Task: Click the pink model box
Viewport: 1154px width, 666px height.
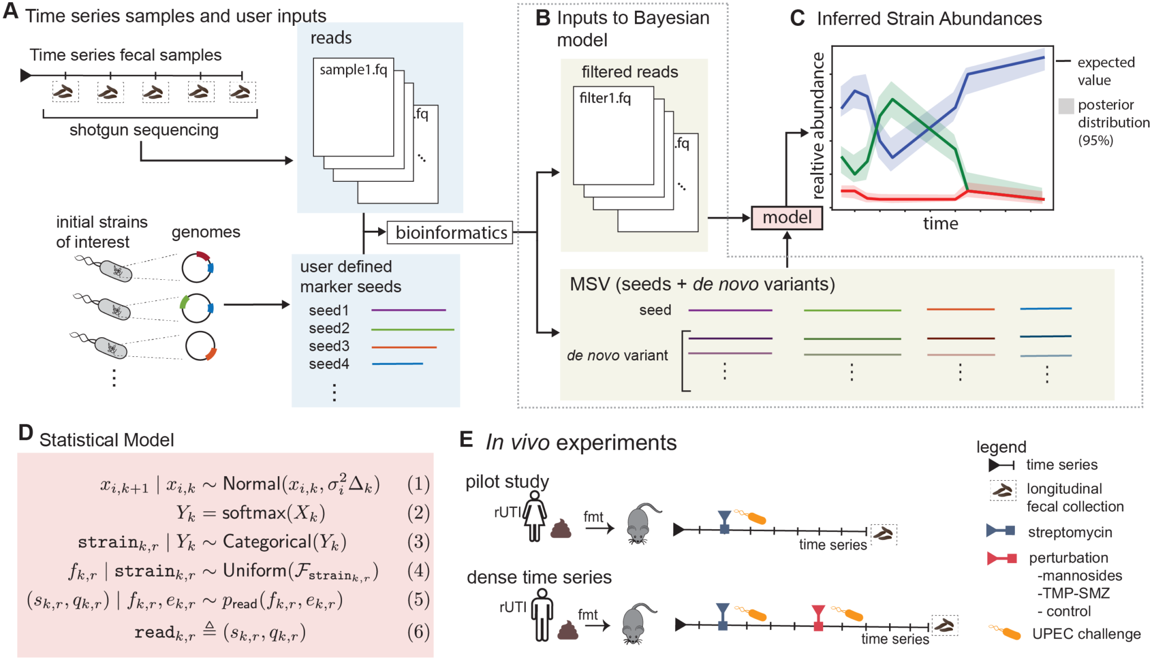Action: point(787,217)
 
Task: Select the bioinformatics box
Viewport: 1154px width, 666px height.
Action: point(450,233)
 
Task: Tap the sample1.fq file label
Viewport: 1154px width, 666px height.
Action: point(353,70)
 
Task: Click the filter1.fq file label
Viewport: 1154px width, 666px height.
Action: point(605,99)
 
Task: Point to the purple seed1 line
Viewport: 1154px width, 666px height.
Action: point(409,310)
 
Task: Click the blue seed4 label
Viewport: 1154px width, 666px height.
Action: point(329,364)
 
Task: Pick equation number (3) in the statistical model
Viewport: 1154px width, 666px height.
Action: point(418,542)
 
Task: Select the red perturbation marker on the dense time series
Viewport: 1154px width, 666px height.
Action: point(818,618)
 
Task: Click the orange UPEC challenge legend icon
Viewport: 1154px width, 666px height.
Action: point(1005,632)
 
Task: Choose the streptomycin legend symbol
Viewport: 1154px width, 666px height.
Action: point(1001,530)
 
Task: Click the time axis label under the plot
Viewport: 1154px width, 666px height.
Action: point(940,224)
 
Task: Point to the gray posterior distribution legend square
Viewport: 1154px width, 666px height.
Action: point(1066,106)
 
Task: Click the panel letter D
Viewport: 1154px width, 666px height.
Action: point(25,432)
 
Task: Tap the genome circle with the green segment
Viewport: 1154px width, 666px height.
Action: point(196,307)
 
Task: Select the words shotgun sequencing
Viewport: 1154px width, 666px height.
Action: point(144,130)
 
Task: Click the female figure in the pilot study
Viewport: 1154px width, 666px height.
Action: point(534,516)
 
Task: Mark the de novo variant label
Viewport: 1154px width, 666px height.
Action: point(617,356)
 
